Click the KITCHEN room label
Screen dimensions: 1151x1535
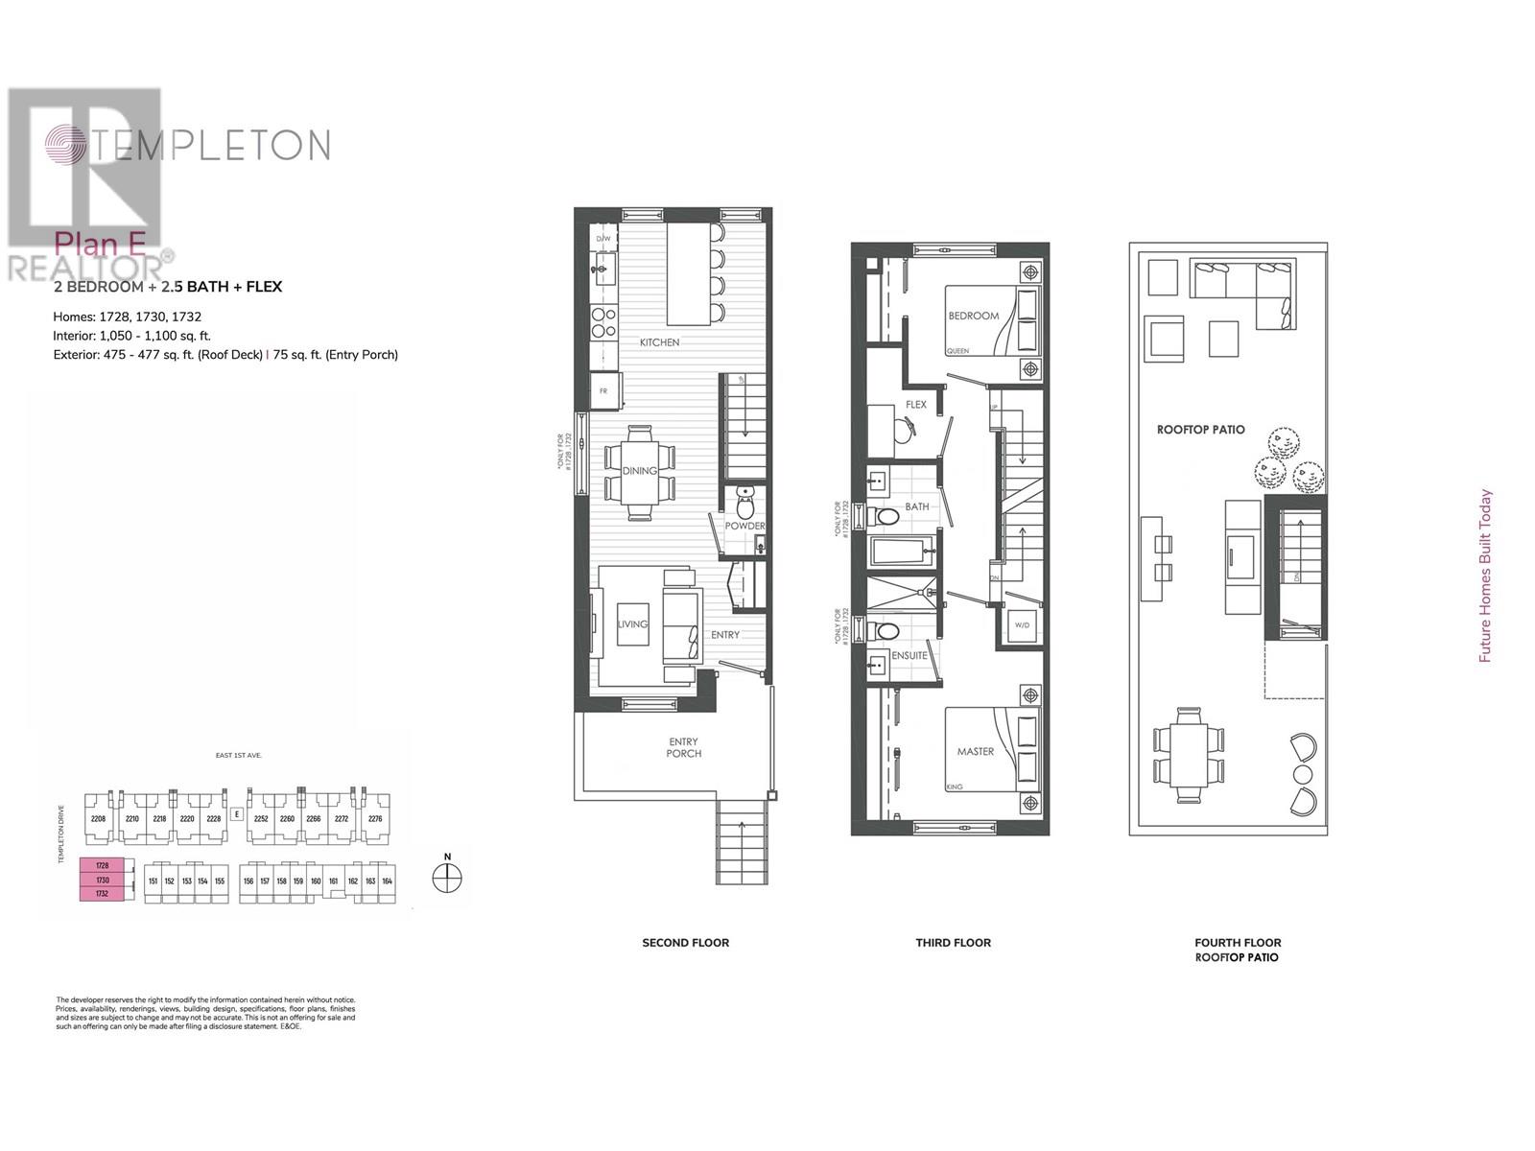click(x=659, y=342)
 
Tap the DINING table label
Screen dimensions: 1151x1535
click(x=639, y=471)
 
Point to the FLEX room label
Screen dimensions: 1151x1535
click(x=915, y=405)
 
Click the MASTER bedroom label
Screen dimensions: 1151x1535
click(x=975, y=752)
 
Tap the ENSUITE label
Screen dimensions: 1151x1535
click(x=909, y=656)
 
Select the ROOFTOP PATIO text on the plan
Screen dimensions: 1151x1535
click(x=1200, y=430)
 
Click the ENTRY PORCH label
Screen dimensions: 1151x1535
click(x=683, y=747)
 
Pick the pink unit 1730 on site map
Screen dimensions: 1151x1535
click(x=103, y=880)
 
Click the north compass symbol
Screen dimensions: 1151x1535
click(x=447, y=877)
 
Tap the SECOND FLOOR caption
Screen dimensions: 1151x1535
click(x=685, y=943)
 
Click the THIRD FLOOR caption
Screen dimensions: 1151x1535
click(x=953, y=943)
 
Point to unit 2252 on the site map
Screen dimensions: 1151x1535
click(x=260, y=819)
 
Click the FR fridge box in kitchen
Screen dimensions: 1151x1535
click(x=603, y=391)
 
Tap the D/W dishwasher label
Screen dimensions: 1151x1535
click(x=603, y=238)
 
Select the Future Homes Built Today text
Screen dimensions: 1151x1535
click(x=1485, y=575)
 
